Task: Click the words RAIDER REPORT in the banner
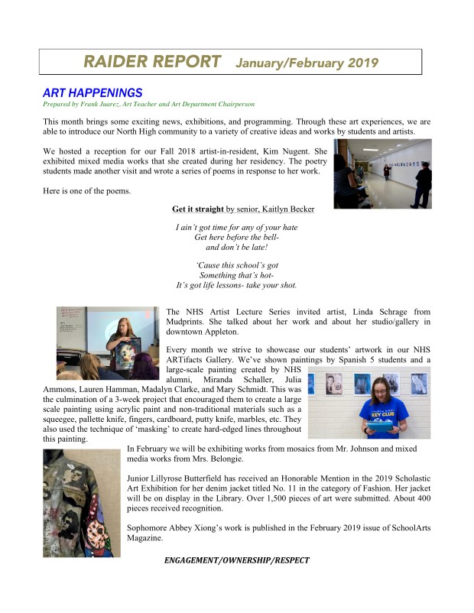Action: (152, 61)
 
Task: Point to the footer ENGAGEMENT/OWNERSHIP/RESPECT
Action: (237, 560)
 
